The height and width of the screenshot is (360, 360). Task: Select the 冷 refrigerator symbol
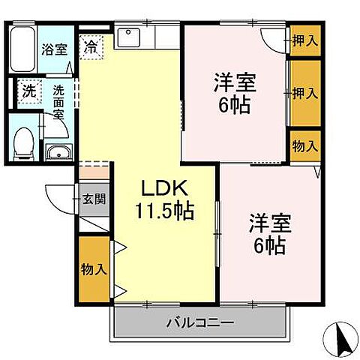coord(91,45)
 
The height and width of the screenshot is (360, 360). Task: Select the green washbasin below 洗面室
coord(58,154)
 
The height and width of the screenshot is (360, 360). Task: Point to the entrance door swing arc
coord(60,199)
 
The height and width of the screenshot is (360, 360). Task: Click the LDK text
coord(162,188)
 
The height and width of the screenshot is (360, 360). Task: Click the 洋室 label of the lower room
coord(267,223)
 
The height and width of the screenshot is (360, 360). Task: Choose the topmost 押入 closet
coord(304,40)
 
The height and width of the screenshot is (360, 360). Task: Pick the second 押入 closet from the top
coord(304,93)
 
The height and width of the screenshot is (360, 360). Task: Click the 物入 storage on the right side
coord(304,145)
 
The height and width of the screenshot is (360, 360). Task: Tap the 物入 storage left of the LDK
coord(94,268)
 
